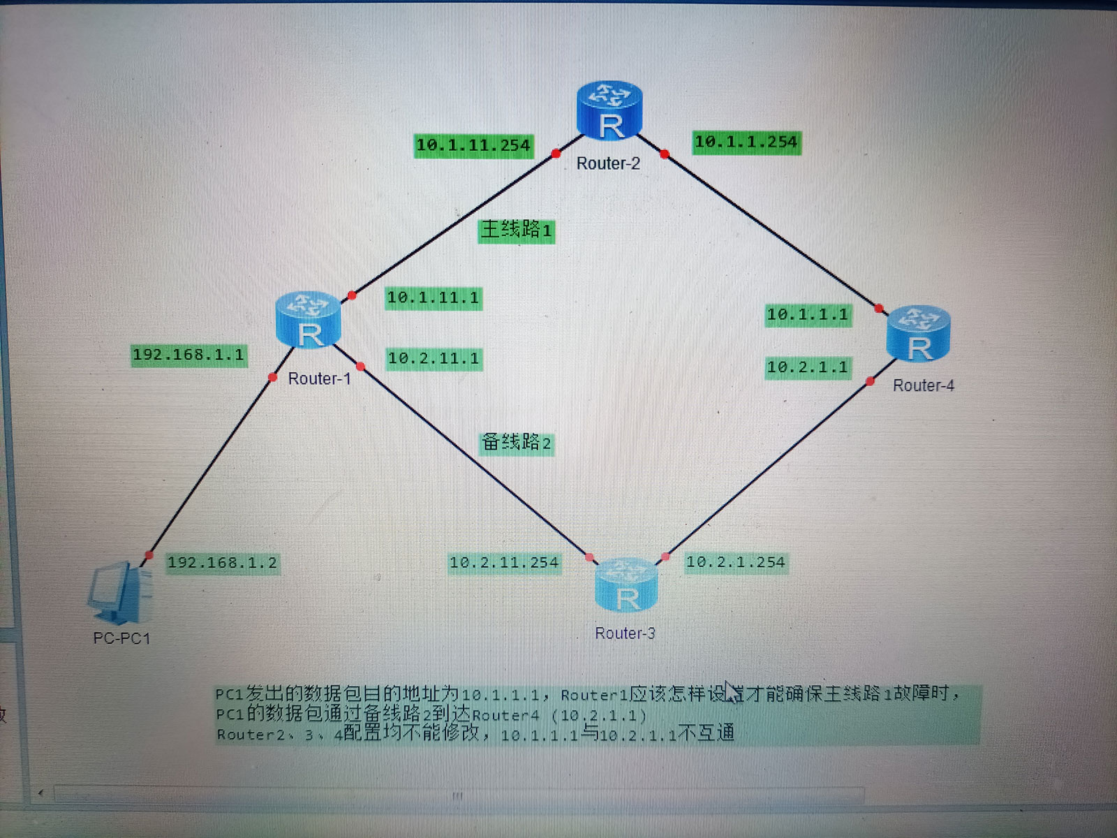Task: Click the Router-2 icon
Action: pos(609,110)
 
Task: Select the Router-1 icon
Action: pos(308,320)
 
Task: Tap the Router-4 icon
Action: pos(918,333)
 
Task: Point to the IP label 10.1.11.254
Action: pos(473,145)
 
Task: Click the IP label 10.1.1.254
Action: pos(746,142)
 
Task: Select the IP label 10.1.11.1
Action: pos(434,297)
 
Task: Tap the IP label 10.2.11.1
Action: pos(434,359)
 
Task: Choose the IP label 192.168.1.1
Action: pos(188,355)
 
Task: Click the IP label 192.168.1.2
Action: pos(223,563)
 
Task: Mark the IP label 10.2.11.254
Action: pos(504,563)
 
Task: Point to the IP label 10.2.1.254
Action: pos(736,562)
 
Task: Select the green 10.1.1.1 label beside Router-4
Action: pos(808,315)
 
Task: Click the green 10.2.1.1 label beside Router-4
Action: pos(808,367)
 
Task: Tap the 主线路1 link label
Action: pos(517,230)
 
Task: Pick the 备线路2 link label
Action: pos(517,443)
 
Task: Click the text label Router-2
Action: pos(608,163)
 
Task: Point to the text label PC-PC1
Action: pos(121,638)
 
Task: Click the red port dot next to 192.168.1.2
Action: pos(149,555)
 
